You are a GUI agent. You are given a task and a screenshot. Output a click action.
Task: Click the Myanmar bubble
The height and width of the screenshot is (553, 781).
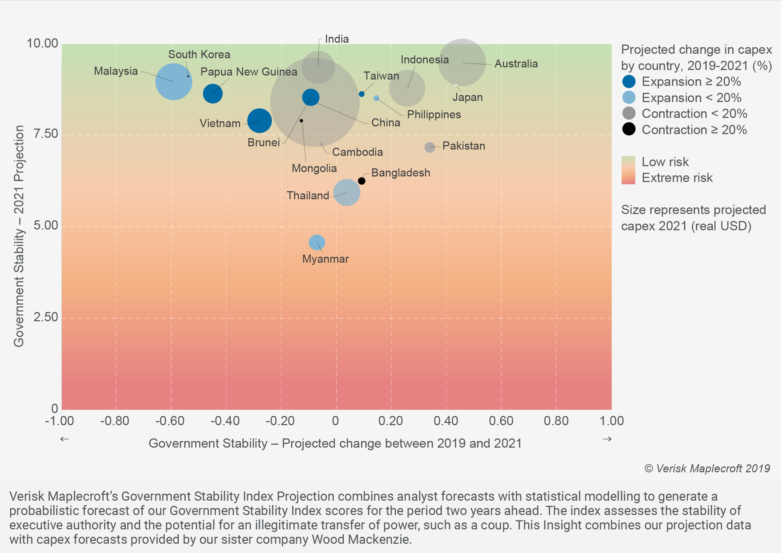tap(316, 242)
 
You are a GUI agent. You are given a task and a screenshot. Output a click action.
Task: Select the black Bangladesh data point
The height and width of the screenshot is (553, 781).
tap(361, 181)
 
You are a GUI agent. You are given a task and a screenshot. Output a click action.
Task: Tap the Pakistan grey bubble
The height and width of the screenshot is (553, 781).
tap(429, 147)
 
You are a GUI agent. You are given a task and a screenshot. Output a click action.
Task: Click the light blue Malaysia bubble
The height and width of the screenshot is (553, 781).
tap(174, 82)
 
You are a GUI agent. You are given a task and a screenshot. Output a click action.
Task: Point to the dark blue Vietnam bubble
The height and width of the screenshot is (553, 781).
tap(259, 120)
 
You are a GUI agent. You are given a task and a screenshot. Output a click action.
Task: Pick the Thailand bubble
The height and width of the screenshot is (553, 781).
tap(347, 192)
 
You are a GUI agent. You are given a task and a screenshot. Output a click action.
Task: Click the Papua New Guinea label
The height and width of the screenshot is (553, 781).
tap(249, 72)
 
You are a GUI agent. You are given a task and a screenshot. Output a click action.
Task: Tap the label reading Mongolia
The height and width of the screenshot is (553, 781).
tap(314, 168)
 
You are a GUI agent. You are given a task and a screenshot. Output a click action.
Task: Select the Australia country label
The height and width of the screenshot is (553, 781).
tap(516, 64)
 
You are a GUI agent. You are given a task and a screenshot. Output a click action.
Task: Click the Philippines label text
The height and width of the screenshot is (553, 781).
tap(434, 115)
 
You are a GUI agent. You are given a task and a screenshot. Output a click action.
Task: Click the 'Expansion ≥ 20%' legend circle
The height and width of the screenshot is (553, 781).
tap(629, 81)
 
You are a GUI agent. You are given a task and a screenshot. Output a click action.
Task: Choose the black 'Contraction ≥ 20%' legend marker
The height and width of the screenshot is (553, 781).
tap(629, 129)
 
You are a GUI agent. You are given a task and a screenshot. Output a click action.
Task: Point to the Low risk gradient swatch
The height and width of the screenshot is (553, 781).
tap(628, 162)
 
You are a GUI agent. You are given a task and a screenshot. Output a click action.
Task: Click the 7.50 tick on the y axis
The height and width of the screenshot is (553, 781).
tap(46, 134)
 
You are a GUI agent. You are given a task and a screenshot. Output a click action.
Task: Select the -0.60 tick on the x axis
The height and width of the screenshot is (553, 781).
tap(170, 421)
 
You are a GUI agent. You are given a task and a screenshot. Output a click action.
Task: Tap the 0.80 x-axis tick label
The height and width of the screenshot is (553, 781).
tap(556, 421)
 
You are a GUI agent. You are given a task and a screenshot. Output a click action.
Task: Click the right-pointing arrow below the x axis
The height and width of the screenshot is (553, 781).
tap(607, 439)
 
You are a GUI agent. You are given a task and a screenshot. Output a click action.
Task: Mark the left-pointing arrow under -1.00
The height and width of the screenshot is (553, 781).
tap(64, 439)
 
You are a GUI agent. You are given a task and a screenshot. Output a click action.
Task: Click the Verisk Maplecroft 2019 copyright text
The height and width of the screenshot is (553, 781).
tap(707, 468)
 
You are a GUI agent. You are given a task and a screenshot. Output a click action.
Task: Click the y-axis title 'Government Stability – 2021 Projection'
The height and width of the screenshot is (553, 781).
tap(19, 236)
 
